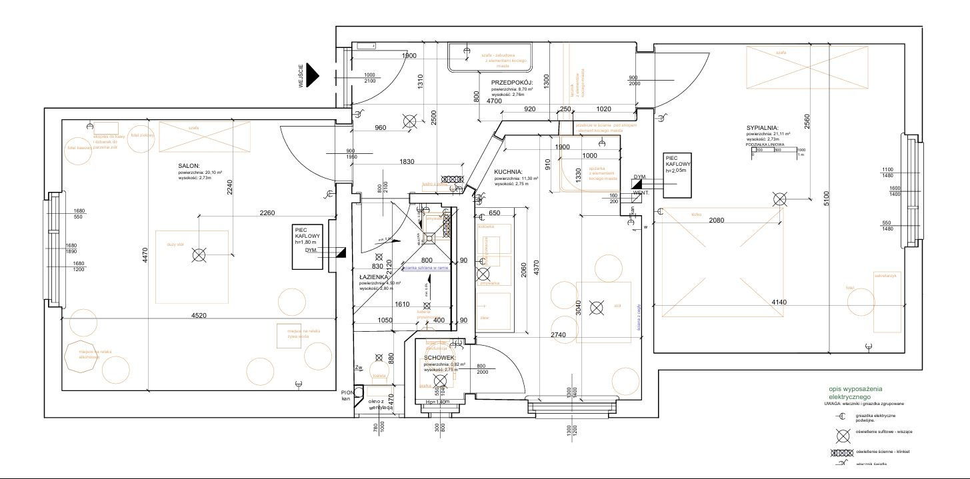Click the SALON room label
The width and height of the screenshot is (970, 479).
(x=189, y=167)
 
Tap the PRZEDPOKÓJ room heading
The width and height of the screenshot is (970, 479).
(x=511, y=82)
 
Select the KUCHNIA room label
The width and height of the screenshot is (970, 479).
(x=508, y=171)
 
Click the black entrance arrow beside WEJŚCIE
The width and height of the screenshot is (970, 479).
(x=313, y=76)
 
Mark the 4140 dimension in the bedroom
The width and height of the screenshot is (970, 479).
(x=779, y=302)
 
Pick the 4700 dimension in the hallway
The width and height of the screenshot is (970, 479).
(x=494, y=101)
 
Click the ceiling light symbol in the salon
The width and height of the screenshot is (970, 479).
(x=199, y=254)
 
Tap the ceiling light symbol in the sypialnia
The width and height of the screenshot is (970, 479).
(x=779, y=199)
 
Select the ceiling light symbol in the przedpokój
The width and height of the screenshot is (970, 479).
(x=409, y=121)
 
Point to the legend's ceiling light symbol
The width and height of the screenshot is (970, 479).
(x=843, y=435)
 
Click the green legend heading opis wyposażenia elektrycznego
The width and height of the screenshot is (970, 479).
(x=855, y=392)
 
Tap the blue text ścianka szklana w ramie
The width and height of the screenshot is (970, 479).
(x=427, y=268)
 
